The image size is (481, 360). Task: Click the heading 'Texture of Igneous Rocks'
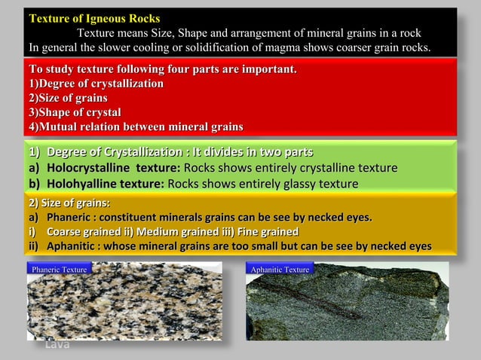tap(94, 18)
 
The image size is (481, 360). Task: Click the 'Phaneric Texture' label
tap(59, 269)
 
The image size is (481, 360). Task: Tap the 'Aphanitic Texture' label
tap(280, 269)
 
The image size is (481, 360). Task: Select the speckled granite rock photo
tap(124, 305)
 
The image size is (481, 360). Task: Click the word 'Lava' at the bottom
tap(57, 345)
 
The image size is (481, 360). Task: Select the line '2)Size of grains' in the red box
tap(67, 98)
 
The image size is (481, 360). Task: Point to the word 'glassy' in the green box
tap(294, 183)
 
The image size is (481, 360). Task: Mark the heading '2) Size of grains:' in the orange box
tap(69, 203)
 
